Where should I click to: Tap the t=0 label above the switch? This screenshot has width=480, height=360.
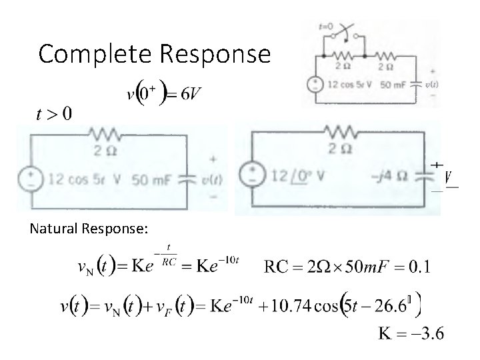[327, 27]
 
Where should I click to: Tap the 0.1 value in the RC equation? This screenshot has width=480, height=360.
[419, 268]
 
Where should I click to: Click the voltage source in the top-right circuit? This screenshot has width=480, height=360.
[313, 85]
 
